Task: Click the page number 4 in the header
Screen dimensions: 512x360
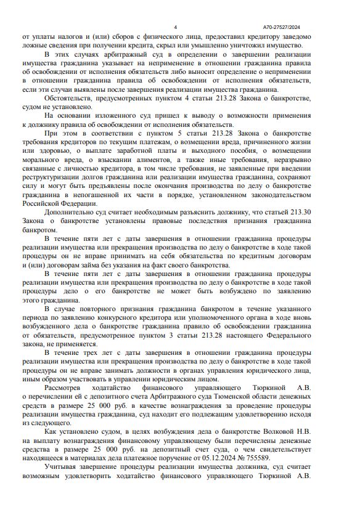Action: [x=176, y=27]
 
